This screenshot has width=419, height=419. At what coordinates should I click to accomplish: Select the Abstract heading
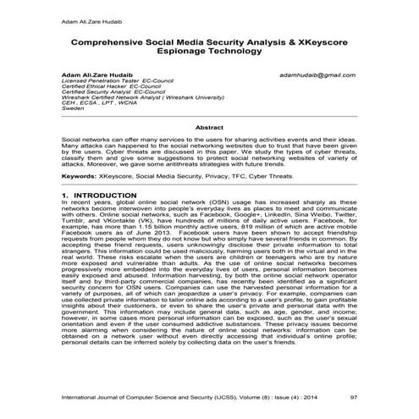(209, 127)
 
